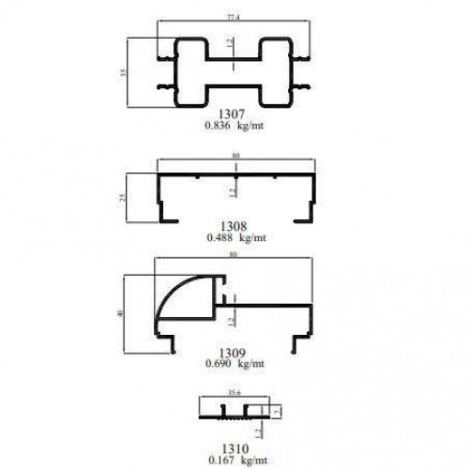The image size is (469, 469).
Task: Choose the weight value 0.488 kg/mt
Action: (236, 238)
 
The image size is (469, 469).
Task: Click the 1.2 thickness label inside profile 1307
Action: (231, 43)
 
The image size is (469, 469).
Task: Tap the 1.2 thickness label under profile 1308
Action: (232, 192)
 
